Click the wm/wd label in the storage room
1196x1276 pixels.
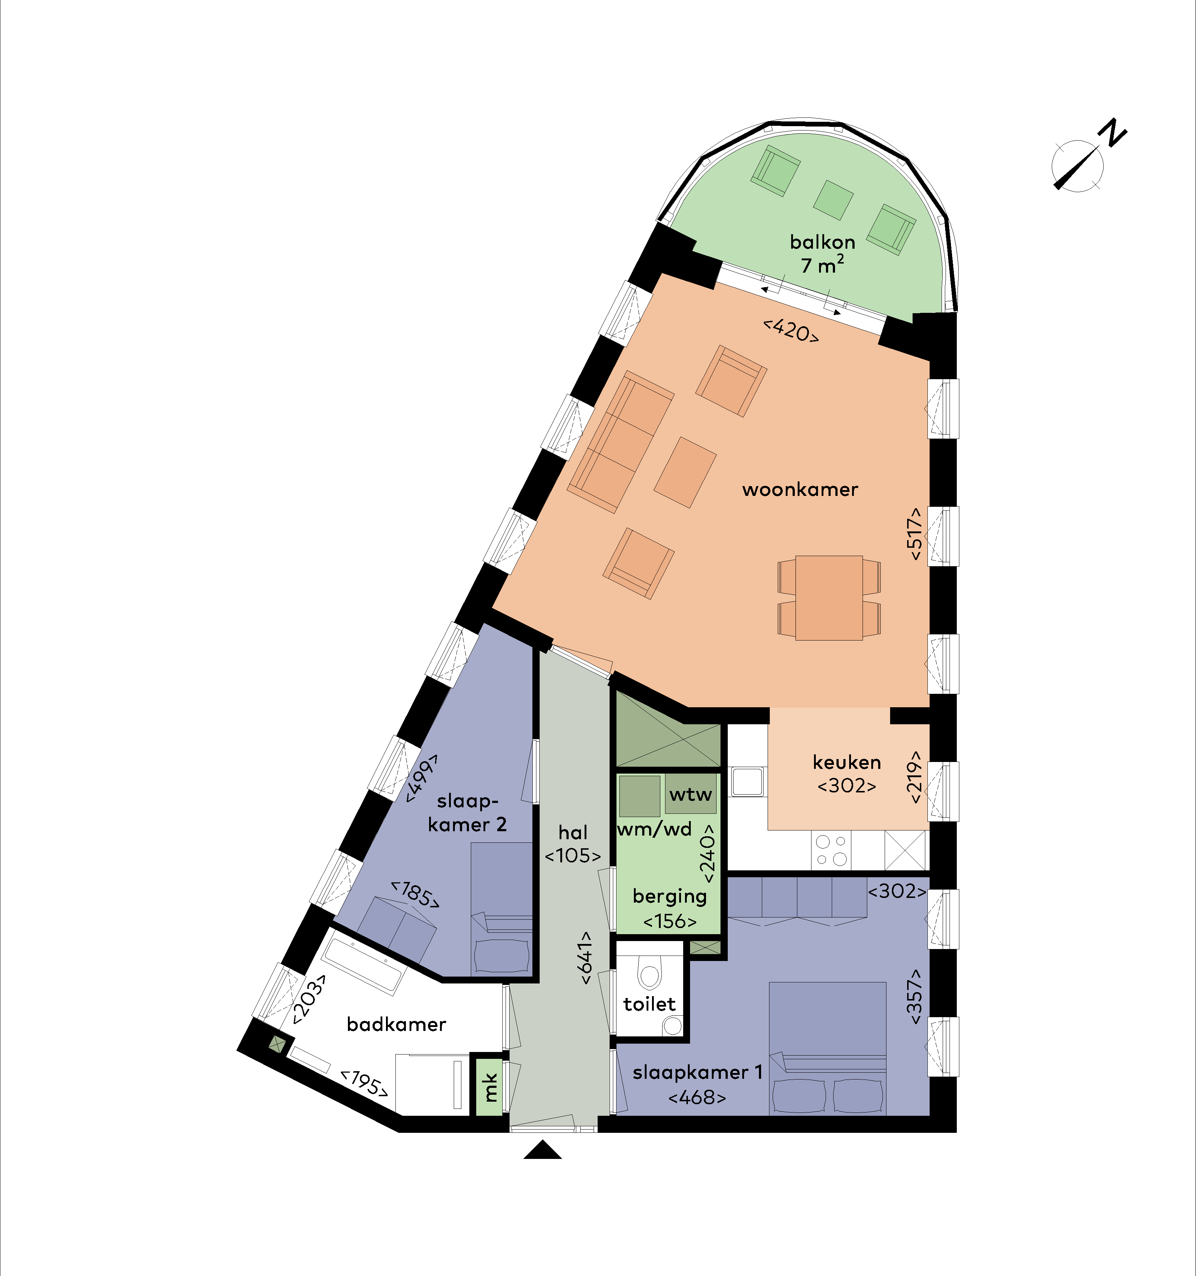pos(655,830)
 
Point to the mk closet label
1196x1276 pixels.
pos(490,1087)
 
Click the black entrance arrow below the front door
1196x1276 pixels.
pos(543,1149)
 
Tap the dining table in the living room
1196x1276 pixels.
pos(829,597)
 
